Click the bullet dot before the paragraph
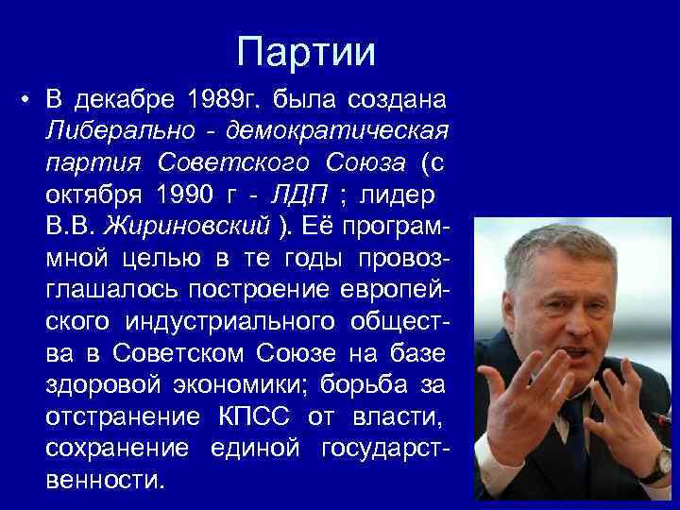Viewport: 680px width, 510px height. [x=29, y=99]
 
